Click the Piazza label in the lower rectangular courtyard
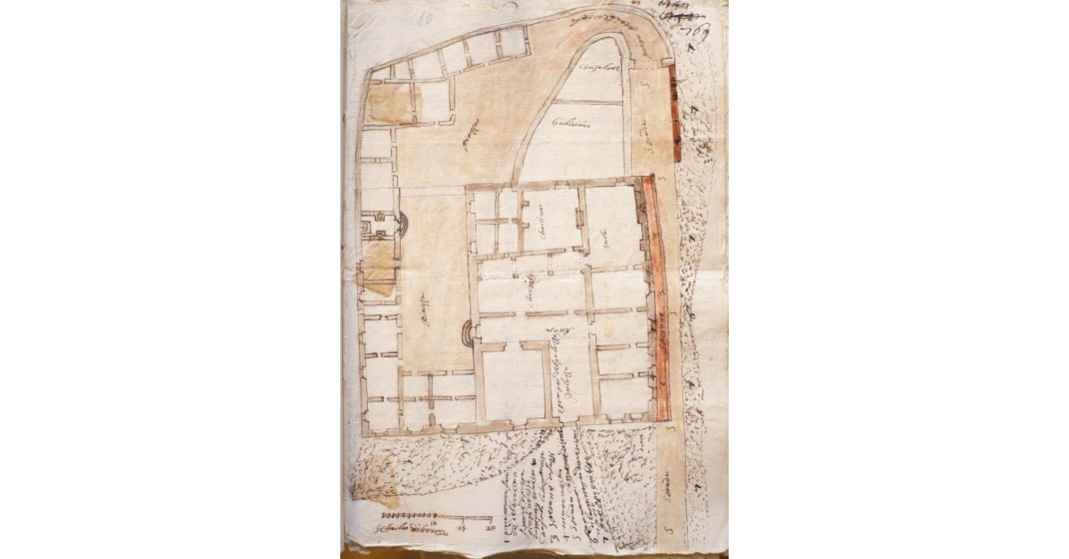click(x=427, y=315)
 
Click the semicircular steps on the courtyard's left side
click(x=403, y=224)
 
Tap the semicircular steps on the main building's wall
click(x=468, y=333)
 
